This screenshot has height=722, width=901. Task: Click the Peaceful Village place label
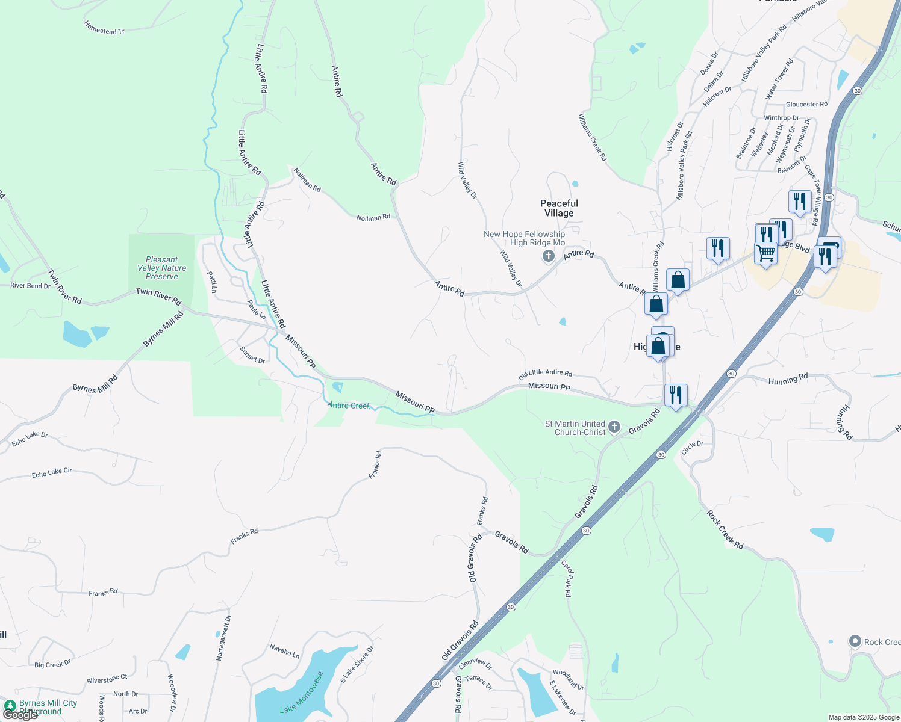559,208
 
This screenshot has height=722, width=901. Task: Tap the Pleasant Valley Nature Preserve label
161,268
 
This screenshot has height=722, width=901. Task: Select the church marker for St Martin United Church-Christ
614,427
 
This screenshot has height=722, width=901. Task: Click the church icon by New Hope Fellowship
548,257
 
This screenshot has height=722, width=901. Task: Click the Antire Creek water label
349,406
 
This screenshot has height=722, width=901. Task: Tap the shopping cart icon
765,253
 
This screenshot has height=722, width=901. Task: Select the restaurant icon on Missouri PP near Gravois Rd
676,395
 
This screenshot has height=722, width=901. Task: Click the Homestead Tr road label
104,28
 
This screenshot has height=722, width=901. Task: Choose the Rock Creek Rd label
725,529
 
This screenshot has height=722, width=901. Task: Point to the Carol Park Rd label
567,578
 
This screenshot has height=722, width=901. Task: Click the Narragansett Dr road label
223,638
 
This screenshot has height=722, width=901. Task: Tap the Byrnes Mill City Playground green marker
10,705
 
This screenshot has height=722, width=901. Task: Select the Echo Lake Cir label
52,474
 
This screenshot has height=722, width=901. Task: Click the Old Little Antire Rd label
546,374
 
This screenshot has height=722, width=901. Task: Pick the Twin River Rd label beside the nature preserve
158,295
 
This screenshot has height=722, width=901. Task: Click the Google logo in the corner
20,715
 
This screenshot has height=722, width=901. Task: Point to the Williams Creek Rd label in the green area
593,137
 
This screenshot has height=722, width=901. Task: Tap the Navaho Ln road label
284,651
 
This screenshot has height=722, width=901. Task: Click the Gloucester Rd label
806,105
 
